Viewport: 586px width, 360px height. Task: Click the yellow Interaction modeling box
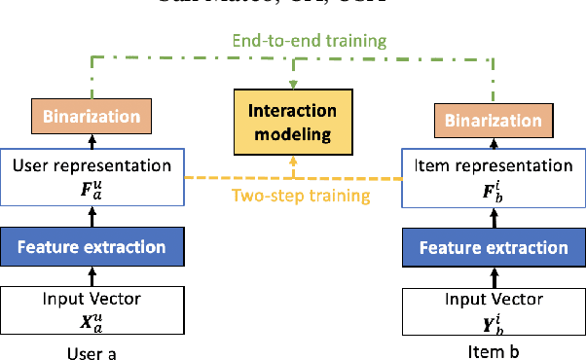pyautogui.click(x=291, y=123)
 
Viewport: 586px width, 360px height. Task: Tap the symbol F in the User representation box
pyautogui.click(x=86, y=188)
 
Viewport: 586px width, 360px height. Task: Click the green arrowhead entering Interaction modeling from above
pyautogui.click(x=292, y=85)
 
